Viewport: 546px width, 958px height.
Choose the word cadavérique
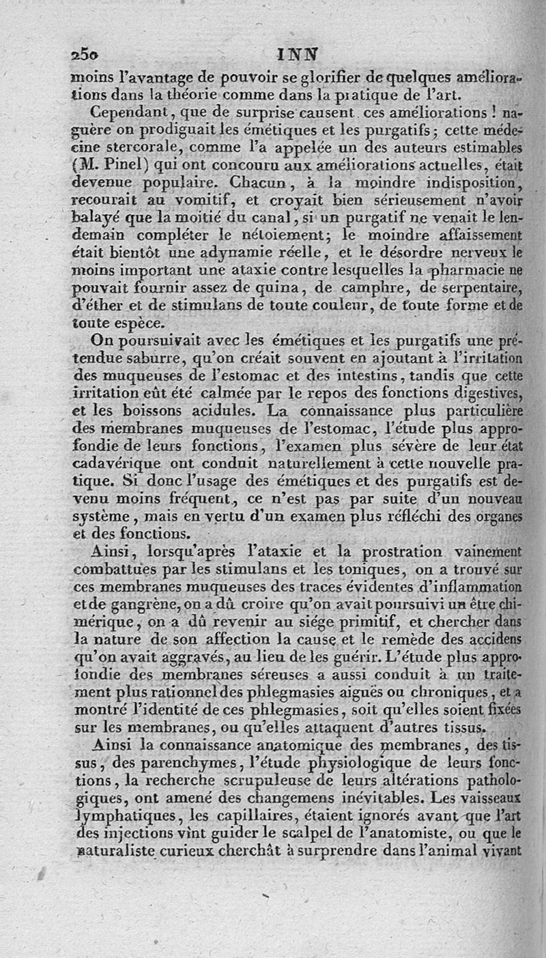(115, 464)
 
